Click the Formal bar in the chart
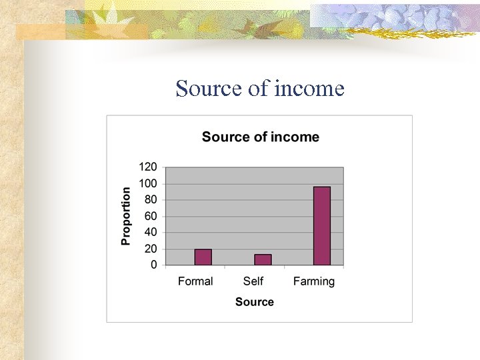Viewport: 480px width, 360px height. [x=203, y=257]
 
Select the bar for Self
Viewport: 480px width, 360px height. [x=263, y=260]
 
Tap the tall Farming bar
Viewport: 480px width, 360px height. [x=322, y=226]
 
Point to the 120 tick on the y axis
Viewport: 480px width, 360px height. [x=148, y=167]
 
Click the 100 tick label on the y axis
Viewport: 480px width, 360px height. [x=148, y=183]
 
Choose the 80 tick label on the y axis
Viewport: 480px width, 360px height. [x=151, y=199]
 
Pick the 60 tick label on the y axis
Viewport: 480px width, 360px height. [x=151, y=216]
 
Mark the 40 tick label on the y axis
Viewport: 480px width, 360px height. [x=151, y=232]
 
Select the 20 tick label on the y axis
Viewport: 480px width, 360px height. [x=151, y=249]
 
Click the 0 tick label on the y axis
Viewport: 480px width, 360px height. [x=154, y=265]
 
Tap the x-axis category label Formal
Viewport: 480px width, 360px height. [x=195, y=281]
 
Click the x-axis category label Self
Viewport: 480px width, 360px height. [x=253, y=281]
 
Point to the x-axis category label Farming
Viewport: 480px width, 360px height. [x=313, y=281]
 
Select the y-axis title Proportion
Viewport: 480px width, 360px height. [x=126, y=215]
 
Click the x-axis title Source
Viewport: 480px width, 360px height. [x=254, y=302]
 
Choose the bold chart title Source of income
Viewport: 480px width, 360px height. [x=260, y=137]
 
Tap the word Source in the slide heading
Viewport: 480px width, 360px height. [x=209, y=89]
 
